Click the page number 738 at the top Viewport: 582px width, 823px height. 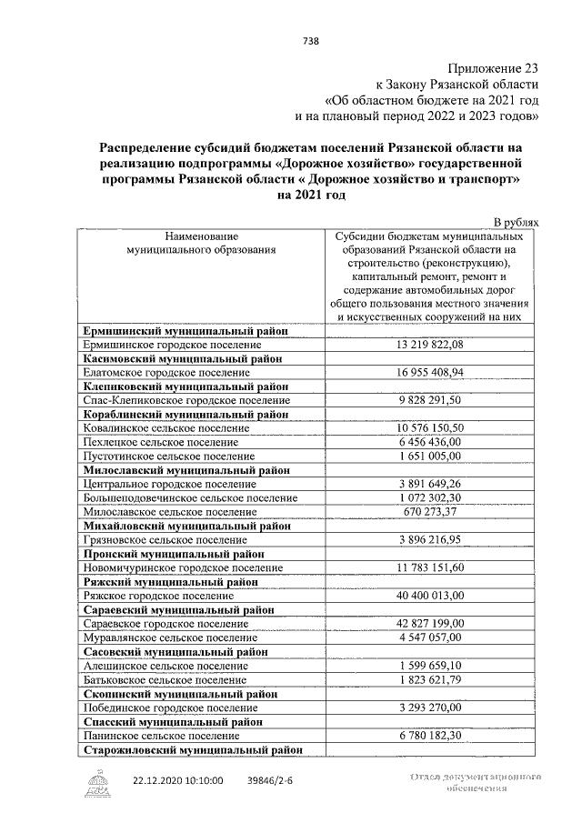click(x=308, y=39)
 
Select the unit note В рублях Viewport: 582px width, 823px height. click(x=516, y=221)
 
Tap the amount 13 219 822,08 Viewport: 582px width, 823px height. click(x=430, y=346)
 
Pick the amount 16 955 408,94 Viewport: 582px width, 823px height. click(x=430, y=373)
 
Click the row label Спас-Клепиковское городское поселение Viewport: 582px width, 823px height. click(x=186, y=400)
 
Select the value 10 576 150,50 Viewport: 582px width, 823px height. click(x=430, y=427)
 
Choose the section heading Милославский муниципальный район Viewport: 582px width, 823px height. click(x=186, y=470)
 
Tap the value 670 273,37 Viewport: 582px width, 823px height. click(x=430, y=512)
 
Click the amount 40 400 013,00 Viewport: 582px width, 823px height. click(x=430, y=595)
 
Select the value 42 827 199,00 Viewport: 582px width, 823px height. click(x=430, y=624)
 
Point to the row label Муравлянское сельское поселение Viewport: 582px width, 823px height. click(x=166, y=638)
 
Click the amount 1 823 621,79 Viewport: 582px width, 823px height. click(x=430, y=679)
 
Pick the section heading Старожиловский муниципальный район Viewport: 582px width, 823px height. click(x=192, y=750)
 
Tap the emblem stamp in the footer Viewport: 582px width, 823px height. click(x=99, y=783)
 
